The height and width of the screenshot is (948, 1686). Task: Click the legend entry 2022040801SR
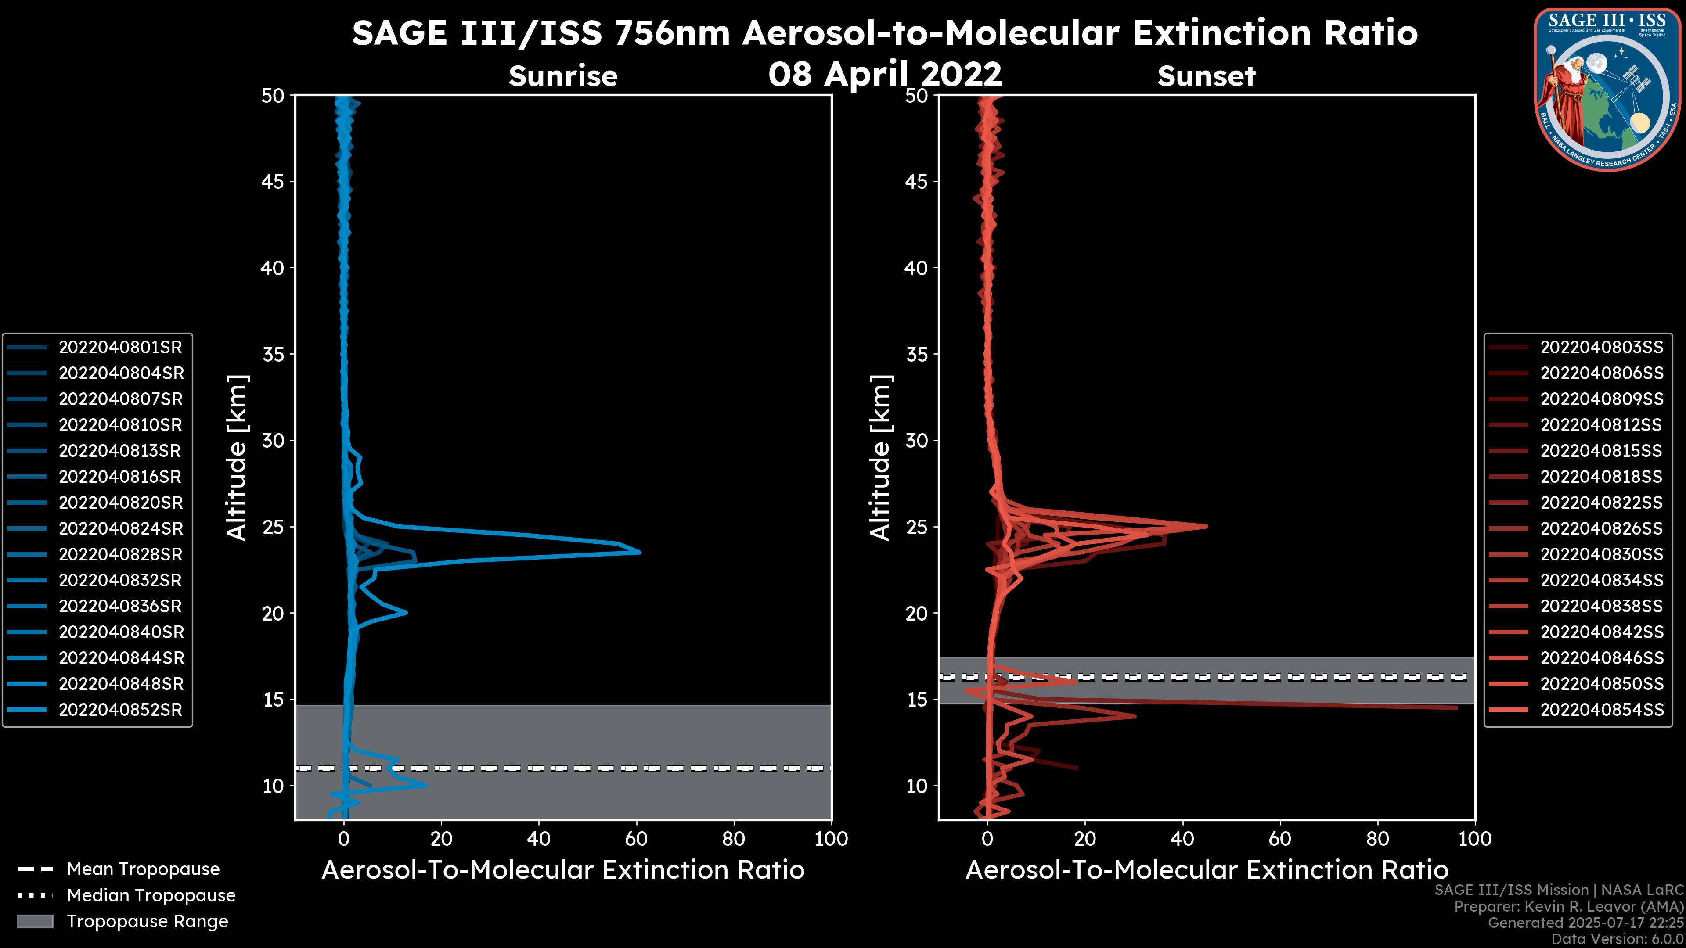(120, 348)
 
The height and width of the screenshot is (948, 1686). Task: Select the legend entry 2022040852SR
(120, 710)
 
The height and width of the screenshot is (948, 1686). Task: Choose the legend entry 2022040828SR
(120, 555)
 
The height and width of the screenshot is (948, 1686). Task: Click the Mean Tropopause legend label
(143, 869)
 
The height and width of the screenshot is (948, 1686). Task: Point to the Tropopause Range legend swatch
(35, 921)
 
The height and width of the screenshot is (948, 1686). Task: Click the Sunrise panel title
(563, 76)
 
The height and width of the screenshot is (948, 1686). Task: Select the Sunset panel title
(1206, 76)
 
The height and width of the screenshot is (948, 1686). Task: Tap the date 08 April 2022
(885, 74)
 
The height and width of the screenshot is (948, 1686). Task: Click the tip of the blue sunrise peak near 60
(639, 552)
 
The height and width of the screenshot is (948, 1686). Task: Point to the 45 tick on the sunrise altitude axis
(273, 182)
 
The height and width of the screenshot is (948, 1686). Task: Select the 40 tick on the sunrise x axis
(539, 839)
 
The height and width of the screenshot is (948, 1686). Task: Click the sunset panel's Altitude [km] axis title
(881, 457)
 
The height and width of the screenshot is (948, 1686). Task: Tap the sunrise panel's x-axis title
(563, 870)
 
